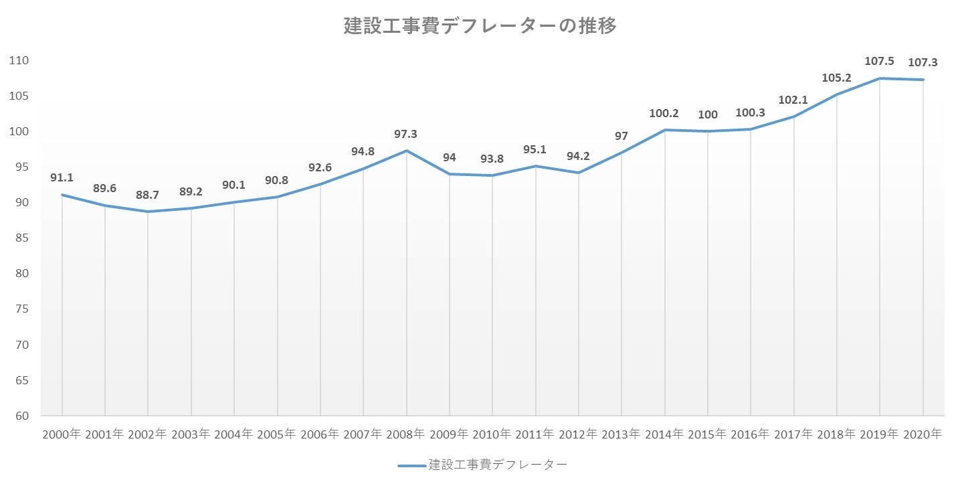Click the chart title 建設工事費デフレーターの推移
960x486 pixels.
(x=480, y=26)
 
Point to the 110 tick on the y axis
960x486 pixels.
(x=19, y=60)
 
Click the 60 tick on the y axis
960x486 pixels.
(x=21, y=416)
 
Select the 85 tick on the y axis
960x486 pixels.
(x=21, y=238)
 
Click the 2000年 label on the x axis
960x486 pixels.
(x=62, y=434)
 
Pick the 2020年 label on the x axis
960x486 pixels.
(x=923, y=434)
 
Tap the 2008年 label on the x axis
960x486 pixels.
(x=406, y=434)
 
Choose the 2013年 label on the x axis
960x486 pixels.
(x=621, y=434)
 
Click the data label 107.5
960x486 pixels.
(x=879, y=61)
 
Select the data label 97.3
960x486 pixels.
(x=406, y=134)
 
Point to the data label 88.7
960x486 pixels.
(x=148, y=195)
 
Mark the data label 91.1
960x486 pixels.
(x=62, y=178)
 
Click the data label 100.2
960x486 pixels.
(x=664, y=113)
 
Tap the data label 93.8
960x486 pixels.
(x=492, y=159)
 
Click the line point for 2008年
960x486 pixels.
(x=406, y=151)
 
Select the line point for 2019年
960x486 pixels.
(x=880, y=78)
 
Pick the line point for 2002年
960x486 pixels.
(x=148, y=212)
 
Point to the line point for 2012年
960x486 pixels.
(x=578, y=173)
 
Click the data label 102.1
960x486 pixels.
(x=793, y=100)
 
